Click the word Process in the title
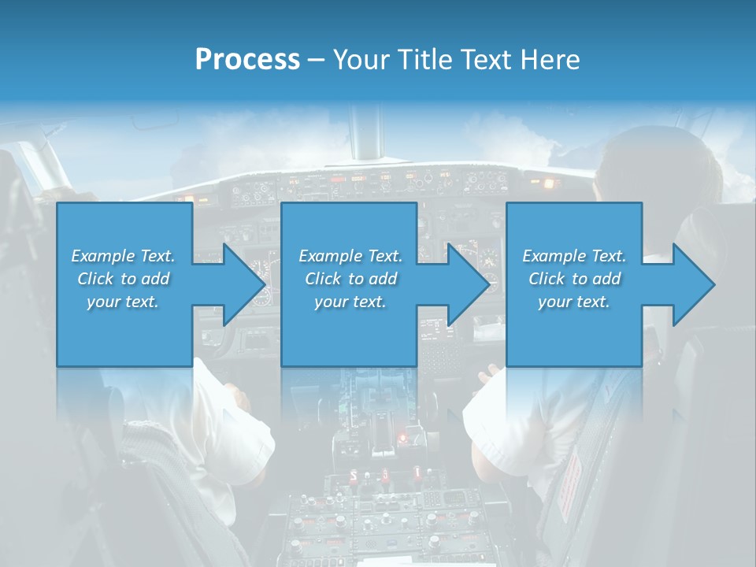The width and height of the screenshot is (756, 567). pyautogui.click(x=247, y=60)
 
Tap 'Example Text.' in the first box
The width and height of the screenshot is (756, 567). pyautogui.click(x=123, y=255)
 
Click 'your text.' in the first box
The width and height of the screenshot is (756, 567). pyautogui.click(x=123, y=302)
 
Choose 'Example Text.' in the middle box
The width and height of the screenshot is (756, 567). pyautogui.click(x=350, y=255)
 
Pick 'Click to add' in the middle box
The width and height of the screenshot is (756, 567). pyautogui.click(x=350, y=278)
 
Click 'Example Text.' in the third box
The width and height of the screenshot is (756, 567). pyautogui.click(x=574, y=255)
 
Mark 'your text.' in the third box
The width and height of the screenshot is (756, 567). pyautogui.click(x=574, y=302)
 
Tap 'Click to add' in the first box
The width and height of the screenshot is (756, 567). pyautogui.click(x=123, y=278)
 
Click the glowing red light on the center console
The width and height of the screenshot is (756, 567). pyautogui.click(x=403, y=435)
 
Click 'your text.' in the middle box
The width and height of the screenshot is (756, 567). pyautogui.click(x=350, y=302)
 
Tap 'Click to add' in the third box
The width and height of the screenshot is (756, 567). pyautogui.click(x=574, y=278)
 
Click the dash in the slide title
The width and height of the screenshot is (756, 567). pyautogui.click(x=316, y=60)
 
